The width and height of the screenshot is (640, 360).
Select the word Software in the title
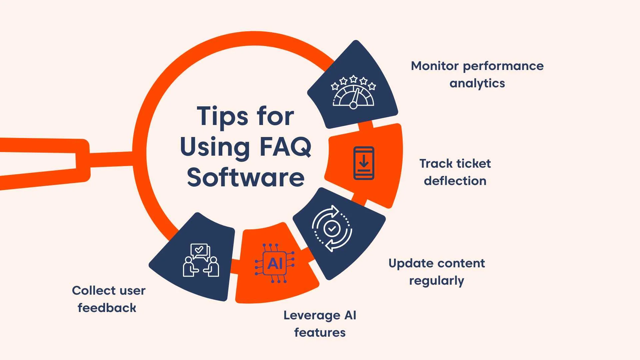point(246,177)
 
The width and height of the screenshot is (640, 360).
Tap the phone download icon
point(364,163)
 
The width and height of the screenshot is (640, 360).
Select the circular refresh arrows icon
point(332,229)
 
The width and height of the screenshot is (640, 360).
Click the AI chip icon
point(275,263)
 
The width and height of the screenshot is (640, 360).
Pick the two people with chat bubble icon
point(201,260)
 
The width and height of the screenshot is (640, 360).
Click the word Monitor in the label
point(435,66)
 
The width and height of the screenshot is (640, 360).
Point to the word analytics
point(477,83)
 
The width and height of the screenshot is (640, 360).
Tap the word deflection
point(455,181)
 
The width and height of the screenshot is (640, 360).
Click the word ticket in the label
point(474,164)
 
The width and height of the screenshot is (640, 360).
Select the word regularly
point(436,281)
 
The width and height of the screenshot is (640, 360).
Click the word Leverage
point(312,315)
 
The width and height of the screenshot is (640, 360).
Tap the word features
point(320,333)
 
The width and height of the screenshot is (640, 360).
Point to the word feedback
point(107,308)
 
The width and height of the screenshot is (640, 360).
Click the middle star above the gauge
point(354,79)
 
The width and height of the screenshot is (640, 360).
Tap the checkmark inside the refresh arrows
point(332,229)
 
